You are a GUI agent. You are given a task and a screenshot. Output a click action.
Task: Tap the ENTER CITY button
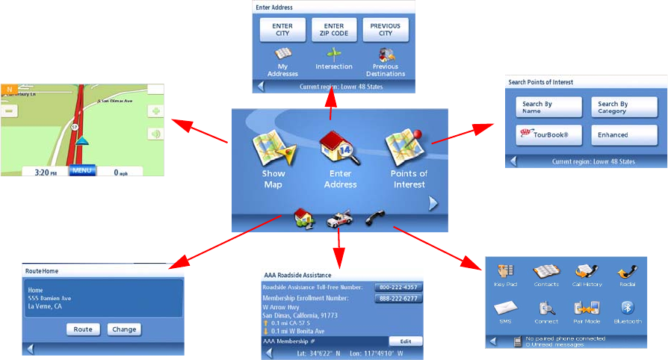coord(282,30)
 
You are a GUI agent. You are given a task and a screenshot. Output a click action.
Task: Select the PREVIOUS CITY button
coord(386,30)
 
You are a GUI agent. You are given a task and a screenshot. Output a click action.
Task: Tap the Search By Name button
coord(548,108)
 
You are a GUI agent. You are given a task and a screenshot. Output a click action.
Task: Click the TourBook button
coord(548,135)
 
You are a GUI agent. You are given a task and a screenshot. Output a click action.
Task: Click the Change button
coord(124,329)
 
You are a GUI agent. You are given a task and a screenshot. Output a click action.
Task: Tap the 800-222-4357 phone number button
coord(398,287)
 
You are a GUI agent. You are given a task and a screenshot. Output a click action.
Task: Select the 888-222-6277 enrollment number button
coord(398,299)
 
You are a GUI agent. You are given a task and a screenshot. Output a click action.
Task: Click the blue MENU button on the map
coord(82,171)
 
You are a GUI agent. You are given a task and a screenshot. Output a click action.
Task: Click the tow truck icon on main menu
coord(339,220)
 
